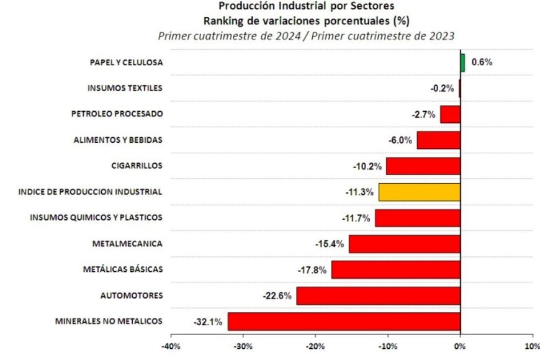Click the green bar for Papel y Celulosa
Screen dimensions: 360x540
click(462, 62)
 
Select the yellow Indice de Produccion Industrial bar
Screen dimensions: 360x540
click(420, 192)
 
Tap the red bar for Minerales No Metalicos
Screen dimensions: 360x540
click(344, 322)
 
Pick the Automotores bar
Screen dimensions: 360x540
click(378, 295)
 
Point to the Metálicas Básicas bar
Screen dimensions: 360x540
click(395, 269)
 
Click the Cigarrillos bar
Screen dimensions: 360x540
click(423, 166)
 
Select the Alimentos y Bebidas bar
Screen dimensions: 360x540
click(438, 140)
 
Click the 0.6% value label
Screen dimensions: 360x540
click(482, 62)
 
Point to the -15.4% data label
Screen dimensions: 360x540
click(330, 244)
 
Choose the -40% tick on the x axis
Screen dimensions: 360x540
click(170, 346)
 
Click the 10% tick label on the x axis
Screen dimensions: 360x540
click(531, 346)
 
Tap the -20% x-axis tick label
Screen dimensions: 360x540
click(315, 346)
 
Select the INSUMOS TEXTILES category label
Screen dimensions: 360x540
click(125, 88)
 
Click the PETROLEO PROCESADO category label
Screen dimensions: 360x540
click(117, 114)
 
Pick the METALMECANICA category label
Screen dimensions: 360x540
click(127, 244)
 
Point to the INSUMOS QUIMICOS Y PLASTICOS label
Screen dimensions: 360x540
click(96, 218)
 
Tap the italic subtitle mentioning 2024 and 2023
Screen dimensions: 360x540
click(306, 35)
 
